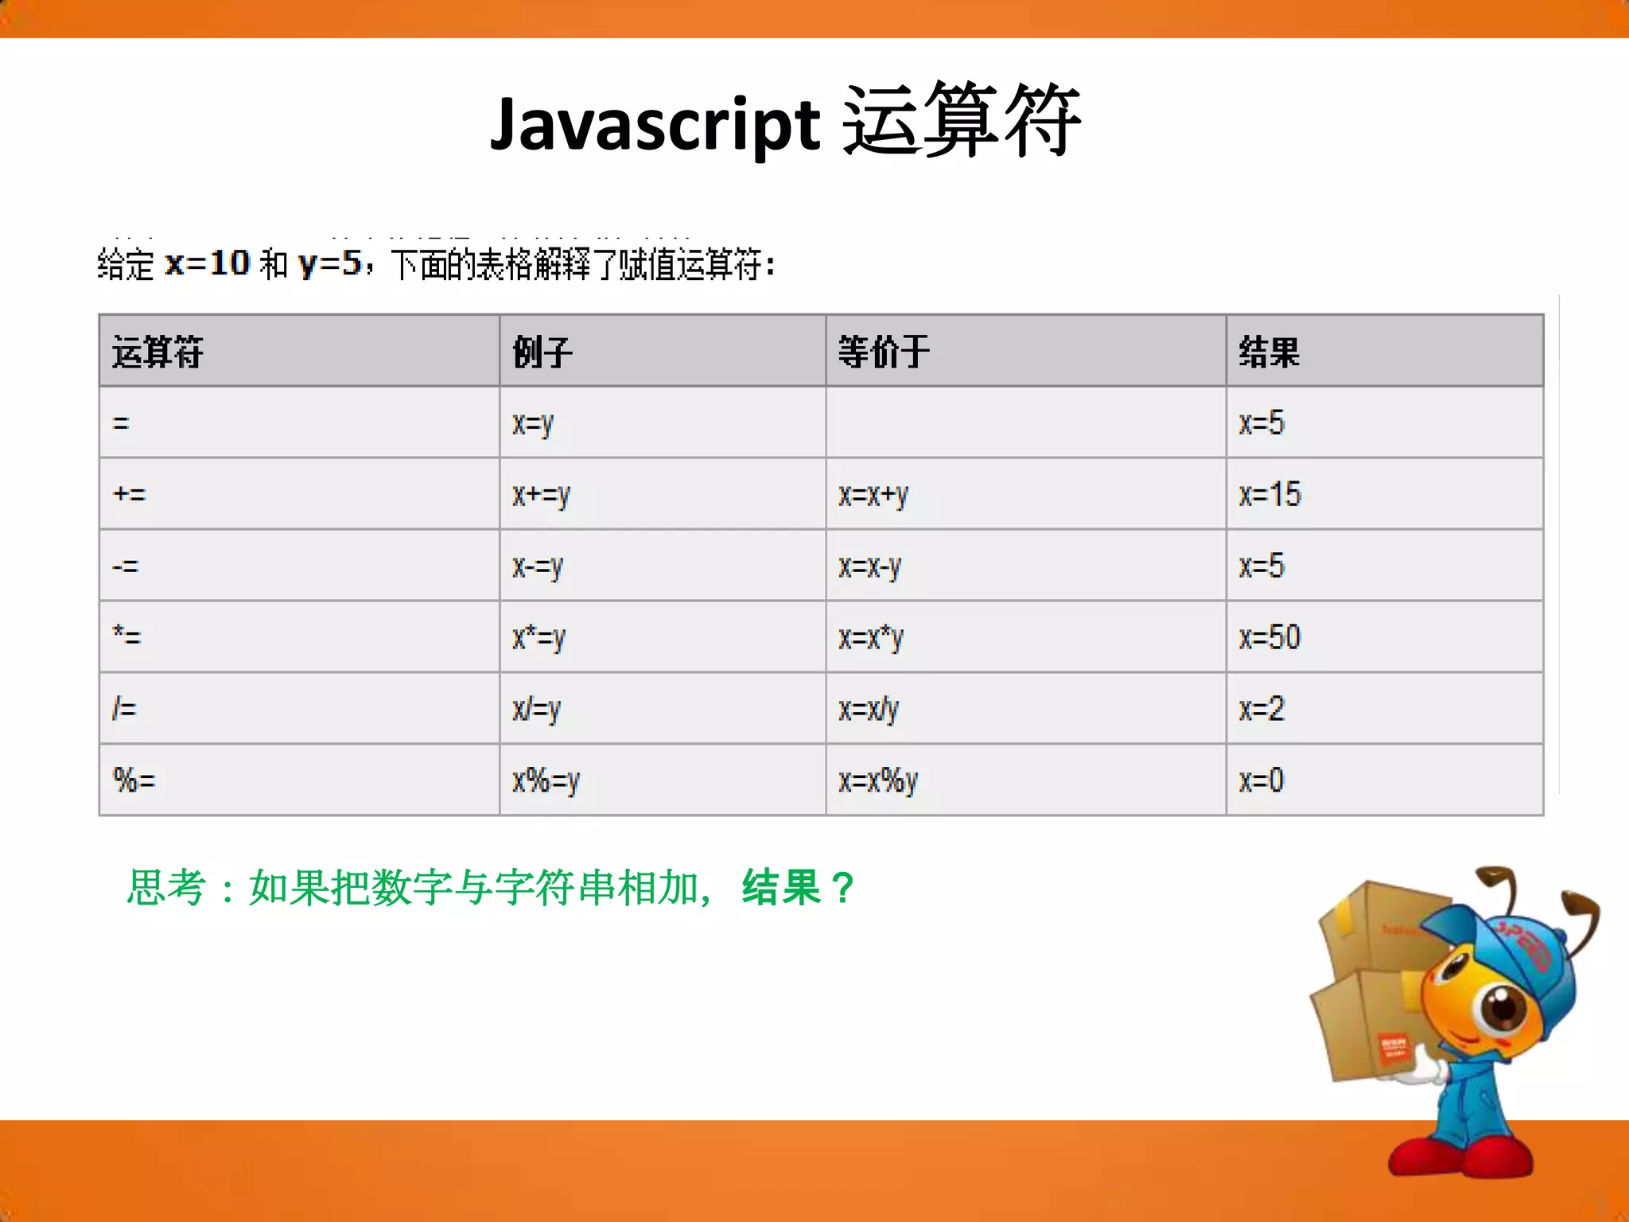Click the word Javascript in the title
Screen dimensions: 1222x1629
(654, 124)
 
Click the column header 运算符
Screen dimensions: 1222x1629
(157, 352)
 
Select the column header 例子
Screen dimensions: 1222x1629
(542, 352)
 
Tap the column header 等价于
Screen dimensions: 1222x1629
(883, 352)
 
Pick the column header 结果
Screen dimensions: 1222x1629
(1269, 352)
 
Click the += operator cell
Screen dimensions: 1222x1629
(130, 494)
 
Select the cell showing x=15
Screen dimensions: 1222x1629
(1269, 494)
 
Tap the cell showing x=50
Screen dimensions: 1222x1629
(1269, 637)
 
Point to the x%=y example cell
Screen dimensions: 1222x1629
(546, 780)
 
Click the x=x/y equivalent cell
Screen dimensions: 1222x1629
(869, 709)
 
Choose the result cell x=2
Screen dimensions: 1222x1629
(1262, 709)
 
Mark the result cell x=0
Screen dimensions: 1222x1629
(1262, 780)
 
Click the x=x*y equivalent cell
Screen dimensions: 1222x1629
(871, 637)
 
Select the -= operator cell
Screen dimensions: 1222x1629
(126, 566)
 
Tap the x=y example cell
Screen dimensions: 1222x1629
(532, 423)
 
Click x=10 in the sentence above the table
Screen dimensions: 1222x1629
(207, 263)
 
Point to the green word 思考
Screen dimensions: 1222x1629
(167, 887)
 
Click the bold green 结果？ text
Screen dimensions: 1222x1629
(799, 887)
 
